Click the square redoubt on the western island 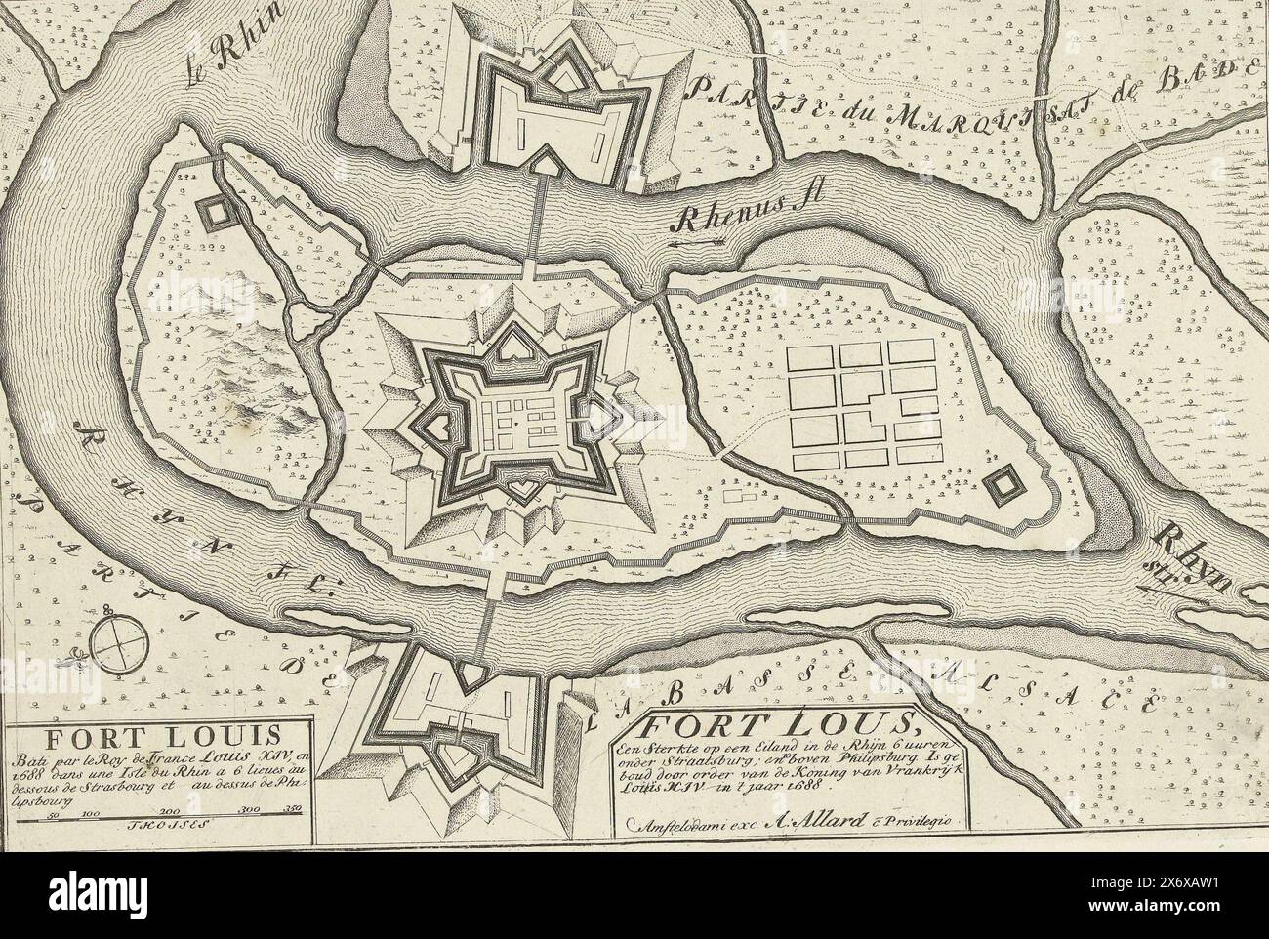(x=212, y=209)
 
